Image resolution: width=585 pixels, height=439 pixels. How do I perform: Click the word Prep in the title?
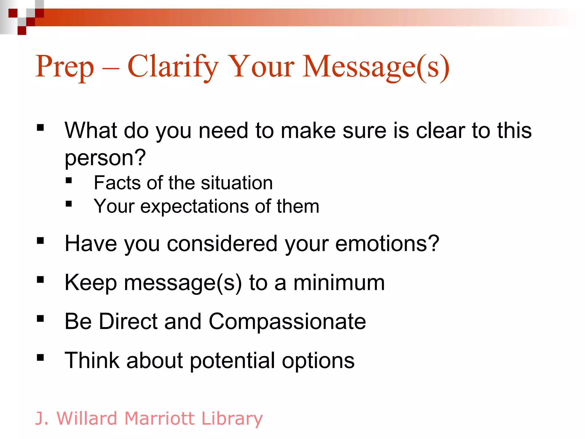(65, 67)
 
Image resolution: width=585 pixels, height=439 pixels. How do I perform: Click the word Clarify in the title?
(173, 67)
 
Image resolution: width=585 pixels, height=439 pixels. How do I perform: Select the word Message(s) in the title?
(376, 67)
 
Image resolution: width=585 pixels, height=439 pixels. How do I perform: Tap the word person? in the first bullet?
(105, 158)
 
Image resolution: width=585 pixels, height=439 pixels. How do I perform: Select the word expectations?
(195, 207)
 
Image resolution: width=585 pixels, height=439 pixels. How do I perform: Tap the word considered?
(222, 244)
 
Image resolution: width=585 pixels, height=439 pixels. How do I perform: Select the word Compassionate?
(287, 322)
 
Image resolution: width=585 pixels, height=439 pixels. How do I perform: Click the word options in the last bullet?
(318, 361)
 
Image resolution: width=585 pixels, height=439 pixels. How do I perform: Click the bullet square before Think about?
(40, 357)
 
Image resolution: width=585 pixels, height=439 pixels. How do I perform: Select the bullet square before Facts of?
(69, 180)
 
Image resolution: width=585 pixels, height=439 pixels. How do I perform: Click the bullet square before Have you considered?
(40, 241)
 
